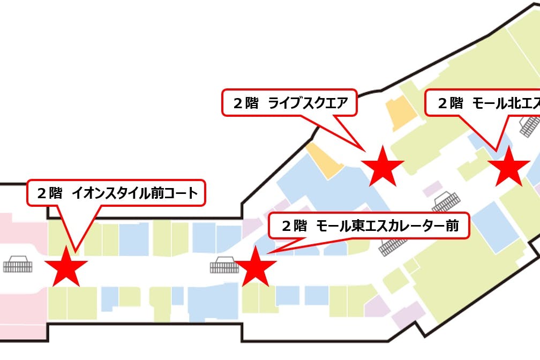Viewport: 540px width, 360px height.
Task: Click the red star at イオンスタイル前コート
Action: (x=66, y=266)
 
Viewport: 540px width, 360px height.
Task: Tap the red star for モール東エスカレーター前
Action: (x=256, y=266)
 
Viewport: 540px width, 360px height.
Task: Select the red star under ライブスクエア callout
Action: (x=382, y=167)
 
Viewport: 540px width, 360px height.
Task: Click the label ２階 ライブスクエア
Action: (x=290, y=102)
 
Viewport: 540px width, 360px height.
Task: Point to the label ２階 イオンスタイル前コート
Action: (x=116, y=193)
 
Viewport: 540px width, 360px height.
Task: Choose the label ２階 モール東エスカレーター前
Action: (x=369, y=226)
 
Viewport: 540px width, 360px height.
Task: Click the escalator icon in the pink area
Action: (x=18, y=265)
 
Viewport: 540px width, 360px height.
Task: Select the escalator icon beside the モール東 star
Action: (x=224, y=265)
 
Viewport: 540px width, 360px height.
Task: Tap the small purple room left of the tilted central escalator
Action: (x=432, y=189)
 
